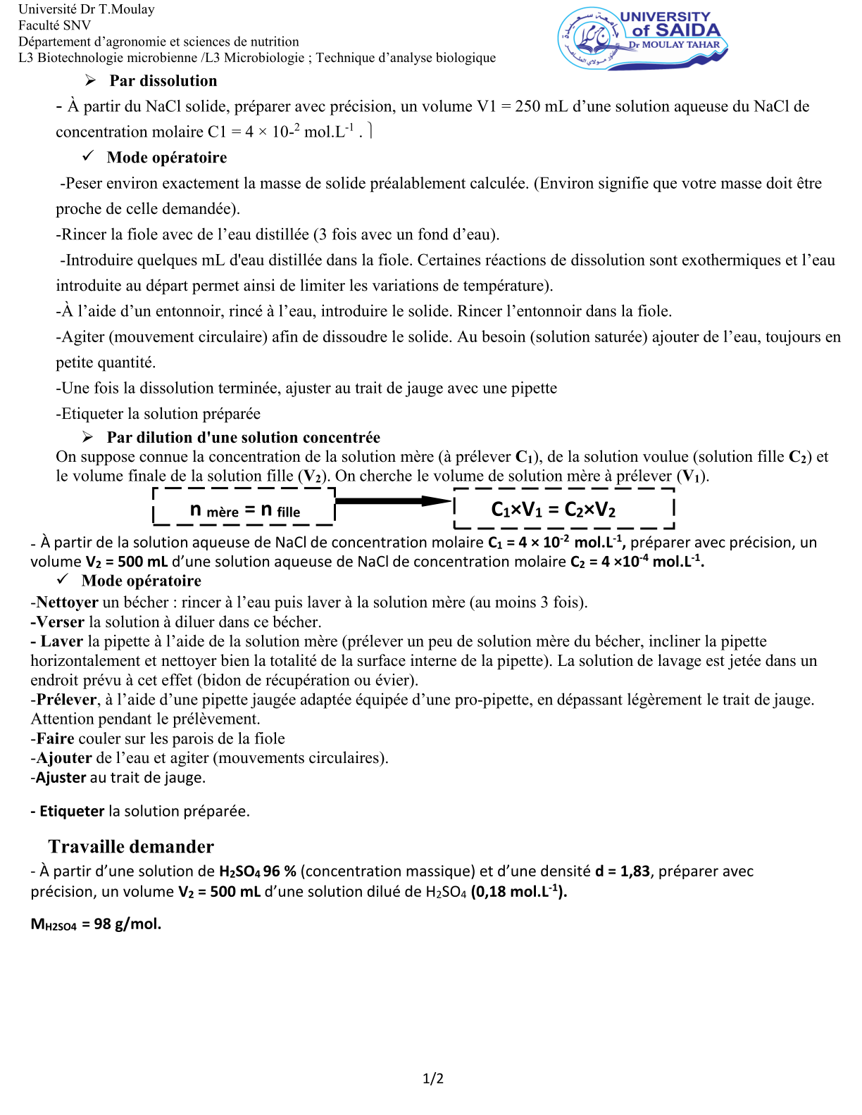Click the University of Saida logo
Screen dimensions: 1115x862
642,39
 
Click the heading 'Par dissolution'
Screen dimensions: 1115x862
163,81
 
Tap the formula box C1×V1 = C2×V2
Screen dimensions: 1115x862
563,508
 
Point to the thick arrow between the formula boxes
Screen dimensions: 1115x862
393,501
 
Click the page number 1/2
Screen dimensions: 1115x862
432,1078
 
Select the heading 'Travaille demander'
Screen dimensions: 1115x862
131,846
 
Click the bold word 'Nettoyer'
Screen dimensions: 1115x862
67,603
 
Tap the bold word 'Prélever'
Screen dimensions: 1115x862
66,700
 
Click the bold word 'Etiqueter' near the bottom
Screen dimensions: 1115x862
72,811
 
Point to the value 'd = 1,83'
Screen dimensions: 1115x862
623,871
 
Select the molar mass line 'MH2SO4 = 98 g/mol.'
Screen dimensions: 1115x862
96,924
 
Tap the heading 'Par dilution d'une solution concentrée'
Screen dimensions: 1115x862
243,437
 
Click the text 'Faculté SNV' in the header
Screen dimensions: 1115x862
55,25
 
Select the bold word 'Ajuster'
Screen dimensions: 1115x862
61,778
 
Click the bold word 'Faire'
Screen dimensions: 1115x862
56,738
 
